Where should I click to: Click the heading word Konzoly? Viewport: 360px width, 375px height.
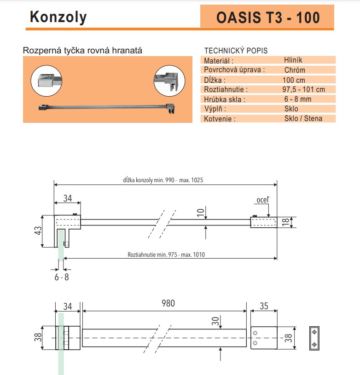[58, 17]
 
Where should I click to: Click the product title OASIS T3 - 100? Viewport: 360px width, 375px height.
[267, 17]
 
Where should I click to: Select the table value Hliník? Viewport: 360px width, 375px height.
[293, 60]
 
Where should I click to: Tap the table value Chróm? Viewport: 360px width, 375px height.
[295, 70]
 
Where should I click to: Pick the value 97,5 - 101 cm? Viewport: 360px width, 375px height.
[303, 89]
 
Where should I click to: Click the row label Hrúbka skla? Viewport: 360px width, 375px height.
[225, 99]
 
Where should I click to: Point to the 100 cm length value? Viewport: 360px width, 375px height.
[294, 80]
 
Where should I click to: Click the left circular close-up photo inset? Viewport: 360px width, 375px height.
[46, 81]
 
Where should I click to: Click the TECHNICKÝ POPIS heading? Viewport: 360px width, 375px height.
[235, 51]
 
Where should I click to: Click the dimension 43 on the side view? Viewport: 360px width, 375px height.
[37, 230]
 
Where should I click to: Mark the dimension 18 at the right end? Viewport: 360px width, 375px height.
[286, 222]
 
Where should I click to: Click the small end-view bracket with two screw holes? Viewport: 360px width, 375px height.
[314, 338]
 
